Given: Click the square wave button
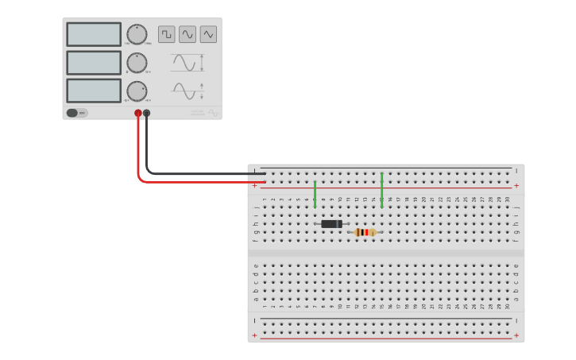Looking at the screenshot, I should tap(166, 34).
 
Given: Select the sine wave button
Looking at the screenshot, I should tap(187, 34).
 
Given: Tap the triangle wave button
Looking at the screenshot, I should tap(208, 34).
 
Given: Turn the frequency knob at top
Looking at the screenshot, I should tap(137, 34).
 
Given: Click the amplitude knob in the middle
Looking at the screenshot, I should tap(137, 63).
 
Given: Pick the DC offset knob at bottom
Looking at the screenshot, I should tap(137, 91).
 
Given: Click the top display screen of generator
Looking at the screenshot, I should tap(94, 34).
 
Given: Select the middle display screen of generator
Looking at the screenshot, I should tap(94, 63).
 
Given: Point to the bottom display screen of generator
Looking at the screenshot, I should tap(94, 91).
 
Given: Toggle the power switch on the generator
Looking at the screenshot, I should tap(75, 113).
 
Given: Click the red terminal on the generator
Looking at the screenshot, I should tap(138, 114).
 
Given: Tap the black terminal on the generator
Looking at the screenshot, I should tap(146, 114).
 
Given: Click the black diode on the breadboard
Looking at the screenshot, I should tap(331, 224).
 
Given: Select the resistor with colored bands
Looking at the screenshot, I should tap(365, 232).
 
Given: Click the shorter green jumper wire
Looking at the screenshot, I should tap(315, 194).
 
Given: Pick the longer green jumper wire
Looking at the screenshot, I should tap(382, 190).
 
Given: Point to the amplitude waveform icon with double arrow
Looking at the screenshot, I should tap(187, 63).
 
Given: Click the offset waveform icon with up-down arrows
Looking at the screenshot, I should tap(187, 91).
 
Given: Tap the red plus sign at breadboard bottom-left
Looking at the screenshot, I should tap(255, 336).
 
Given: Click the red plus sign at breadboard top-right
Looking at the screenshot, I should tap(516, 186).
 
